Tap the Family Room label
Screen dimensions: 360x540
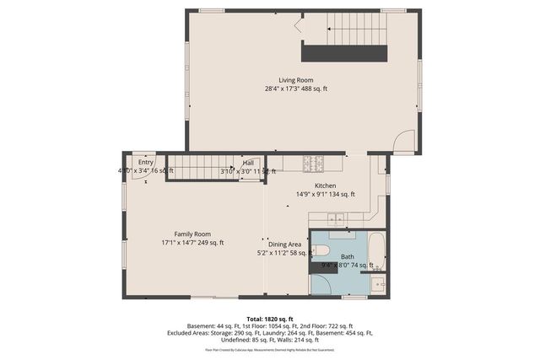click(x=192, y=234)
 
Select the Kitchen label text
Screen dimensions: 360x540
click(x=326, y=185)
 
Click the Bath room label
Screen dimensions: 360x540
click(x=348, y=256)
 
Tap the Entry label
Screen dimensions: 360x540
click(x=145, y=163)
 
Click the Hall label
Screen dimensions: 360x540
click(x=248, y=163)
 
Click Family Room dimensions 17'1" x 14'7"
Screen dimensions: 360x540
click(x=192, y=243)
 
